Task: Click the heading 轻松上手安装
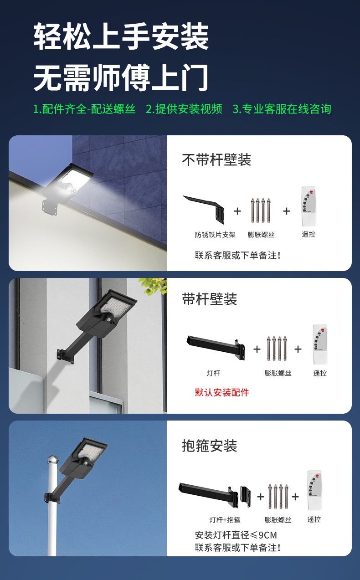pyautogui.click(x=121, y=37)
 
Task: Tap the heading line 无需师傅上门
pyautogui.click(x=121, y=77)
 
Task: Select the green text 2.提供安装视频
pyautogui.click(x=184, y=109)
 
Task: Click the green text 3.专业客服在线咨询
pyautogui.click(x=282, y=109)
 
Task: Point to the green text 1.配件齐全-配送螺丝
pyautogui.click(x=84, y=109)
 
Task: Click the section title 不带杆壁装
pyautogui.click(x=216, y=160)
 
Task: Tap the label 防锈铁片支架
pyautogui.click(x=215, y=235)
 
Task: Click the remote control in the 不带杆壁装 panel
pyautogui.click(x=309, y=207)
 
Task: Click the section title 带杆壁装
pyautogui.click(x=210, y=299)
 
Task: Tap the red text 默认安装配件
pyautogui.click(x=222, y=392)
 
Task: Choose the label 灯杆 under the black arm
pyautogui.click(x=213, y=373)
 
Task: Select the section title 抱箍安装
pyautogui.click(x=210, y=446)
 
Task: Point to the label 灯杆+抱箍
pyautogui.click(x=225, y=520)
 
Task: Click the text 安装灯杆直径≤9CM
pyautogui.click(x=236, y=535)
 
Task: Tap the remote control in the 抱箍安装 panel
pyautogui.click(x=314, y=490)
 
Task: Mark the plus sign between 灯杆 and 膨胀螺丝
pyautogui.click(x=257, y=349)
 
